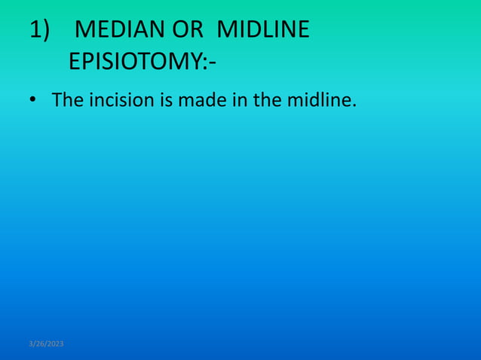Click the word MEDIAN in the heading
tap(121, 30)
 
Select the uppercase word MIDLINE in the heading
tap(263, 30)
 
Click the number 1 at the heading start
tap(35, 30)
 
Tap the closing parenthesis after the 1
tap(46, 31)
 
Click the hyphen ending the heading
tap(213, 62)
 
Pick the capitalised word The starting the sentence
tap(68, 99)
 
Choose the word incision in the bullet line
tap(121, 99)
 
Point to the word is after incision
tap(165, 99)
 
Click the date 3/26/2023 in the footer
tap(46, 343)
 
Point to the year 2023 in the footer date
tap(56, 343)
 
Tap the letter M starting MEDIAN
tap(86, 30)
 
